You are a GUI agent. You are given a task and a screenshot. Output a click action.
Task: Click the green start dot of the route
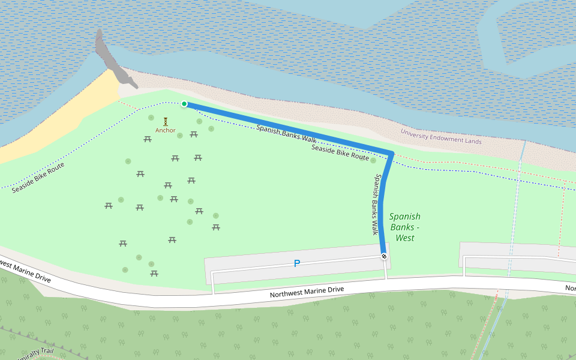pyautogui.click(x=184, y=104)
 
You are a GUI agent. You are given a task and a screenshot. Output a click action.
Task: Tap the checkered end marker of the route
pyautogui.click(x=384, y=257)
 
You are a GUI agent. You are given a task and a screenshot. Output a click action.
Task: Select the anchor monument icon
pyautogui.click(x=166, y=121)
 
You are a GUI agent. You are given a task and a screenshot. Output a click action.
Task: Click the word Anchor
pyautogui.click(x=166, y=130)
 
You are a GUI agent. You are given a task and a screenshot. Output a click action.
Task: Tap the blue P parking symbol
pyautogui.click(x=296, y=263)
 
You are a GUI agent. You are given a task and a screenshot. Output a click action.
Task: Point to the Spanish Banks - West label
pyautogui.click(x=404, y=227)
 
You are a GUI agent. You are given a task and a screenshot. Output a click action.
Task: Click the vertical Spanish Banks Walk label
pyautogui.click(x=376, y=204)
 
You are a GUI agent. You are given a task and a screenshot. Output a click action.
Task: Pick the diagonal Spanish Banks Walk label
pyautogui.click(x=286, y=133)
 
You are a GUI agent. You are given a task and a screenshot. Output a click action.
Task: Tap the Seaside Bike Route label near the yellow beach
pyautogui.click(x=38, y=178)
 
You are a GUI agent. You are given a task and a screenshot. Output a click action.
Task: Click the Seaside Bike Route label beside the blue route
pyautogui.click(x=340, y=152)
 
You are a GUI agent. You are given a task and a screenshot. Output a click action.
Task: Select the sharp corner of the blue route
pyautogui.click(x=392, y=154)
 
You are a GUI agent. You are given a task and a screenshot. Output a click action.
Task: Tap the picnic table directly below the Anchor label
pyautogui.click(x=148, y=139)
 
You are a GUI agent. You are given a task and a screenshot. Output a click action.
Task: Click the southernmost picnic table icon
pyautogui.click(x=154, y=274)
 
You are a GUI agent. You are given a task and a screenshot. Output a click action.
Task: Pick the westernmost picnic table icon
pyautogui.click(x=109, y=206)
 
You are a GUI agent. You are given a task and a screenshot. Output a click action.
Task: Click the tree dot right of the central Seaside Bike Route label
pyautogui.click(x=373, y=160)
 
